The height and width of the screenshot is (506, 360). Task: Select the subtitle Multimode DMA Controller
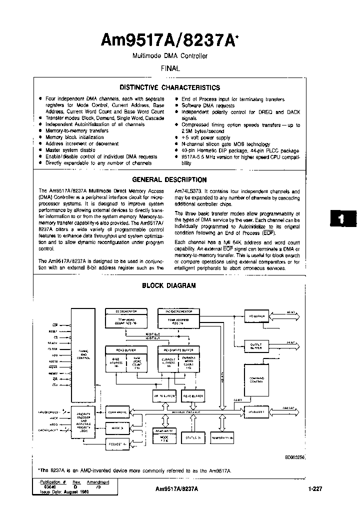click(169, 56)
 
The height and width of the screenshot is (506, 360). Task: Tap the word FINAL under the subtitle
click(169, 68)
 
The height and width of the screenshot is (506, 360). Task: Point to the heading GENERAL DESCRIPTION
click(169, 179)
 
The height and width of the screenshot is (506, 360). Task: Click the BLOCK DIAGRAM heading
click(169, 285)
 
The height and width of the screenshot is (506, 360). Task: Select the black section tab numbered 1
click(342, 218)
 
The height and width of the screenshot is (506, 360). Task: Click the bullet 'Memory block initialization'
click(74, 137)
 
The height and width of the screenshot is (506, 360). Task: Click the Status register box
click(192, 437)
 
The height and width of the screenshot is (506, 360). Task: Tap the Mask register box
click(117, 428)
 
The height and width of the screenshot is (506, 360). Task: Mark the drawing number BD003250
click(295, 457)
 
